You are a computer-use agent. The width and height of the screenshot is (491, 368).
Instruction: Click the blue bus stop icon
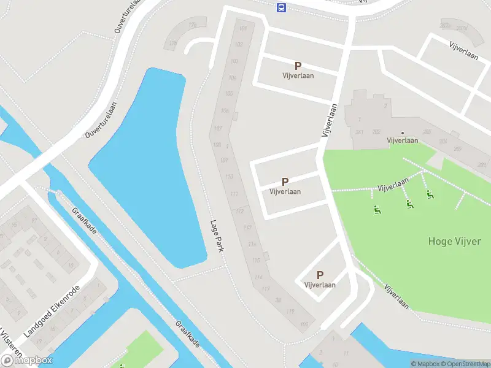pos(281,7)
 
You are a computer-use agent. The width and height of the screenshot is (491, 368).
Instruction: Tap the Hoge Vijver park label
pos(454,241)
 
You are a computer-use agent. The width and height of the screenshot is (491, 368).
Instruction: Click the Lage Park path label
pos(216,236)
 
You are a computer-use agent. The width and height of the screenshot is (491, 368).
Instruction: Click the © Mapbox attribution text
pos(425,364)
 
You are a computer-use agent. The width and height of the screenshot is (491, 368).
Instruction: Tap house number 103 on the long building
pos(234,61)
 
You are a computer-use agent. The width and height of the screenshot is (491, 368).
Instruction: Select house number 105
pos(229,93)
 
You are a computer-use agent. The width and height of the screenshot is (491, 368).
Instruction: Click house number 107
pos(218,128)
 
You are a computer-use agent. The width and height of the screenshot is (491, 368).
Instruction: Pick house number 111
pos(234,194)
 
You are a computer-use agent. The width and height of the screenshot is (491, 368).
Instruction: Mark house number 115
pos(256,260)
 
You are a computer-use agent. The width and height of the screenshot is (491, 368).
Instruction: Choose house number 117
pos(266,288)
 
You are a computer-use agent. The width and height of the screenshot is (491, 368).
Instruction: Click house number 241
pos(360,132)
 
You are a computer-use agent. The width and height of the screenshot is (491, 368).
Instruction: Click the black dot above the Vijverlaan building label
pos(403,133)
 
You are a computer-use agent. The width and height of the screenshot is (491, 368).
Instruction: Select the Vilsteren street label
pos(9,343)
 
